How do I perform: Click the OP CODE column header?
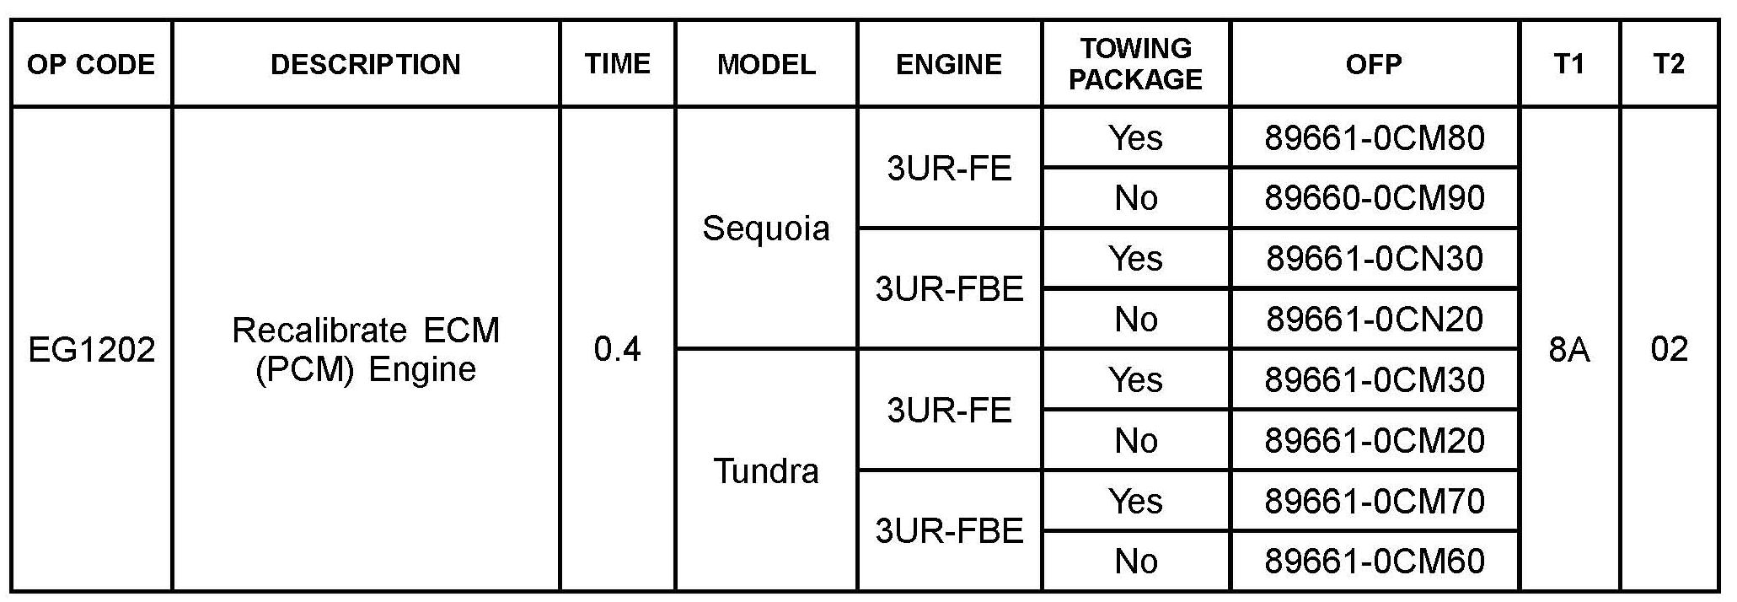(x=91, y=64)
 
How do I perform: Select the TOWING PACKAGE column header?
(x=1135, y=63)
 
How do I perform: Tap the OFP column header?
(x=1374, y=64)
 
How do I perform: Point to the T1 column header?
(x=1568, y=64)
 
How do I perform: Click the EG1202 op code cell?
(x=91, y=349)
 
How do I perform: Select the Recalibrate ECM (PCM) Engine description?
(x=366, y=349)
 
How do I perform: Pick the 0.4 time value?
(x=617, y=349)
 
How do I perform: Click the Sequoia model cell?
(x=765, y=228)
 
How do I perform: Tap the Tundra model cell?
(x=765, y=470)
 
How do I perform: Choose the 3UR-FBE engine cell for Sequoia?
(x=949, y=289)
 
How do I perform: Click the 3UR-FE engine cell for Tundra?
(x=949, y=410)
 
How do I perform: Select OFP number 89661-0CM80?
(x=1374, y=137)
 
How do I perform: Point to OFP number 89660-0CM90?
(x=1374, y=198)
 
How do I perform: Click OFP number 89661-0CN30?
(x=1374, y=258)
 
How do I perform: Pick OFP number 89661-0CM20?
(x=1374, y=440)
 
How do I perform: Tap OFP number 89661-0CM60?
(x=1374, y=562)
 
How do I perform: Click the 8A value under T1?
(x=1568, y=349)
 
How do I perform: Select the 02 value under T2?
(x=1669, y=349)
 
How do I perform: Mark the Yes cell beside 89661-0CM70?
(x=1135, y=501)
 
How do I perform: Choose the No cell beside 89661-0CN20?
(x=1135, y=319)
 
